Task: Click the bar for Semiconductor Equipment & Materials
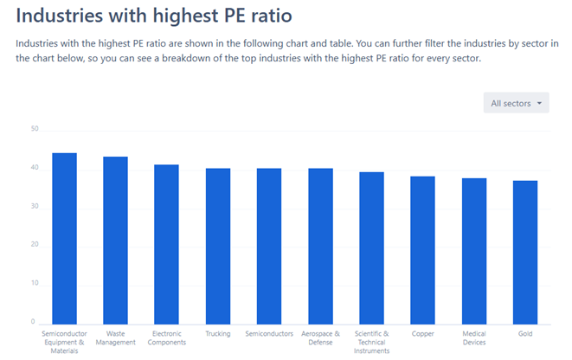[x=65, y=238]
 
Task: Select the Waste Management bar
[x=116, y=240]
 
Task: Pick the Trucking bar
[x=218, y=246]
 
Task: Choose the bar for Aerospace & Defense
[x=320, y=246]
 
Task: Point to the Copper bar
[x=422, y=249]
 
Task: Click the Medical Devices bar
[x=474, y=250]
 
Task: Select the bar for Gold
[x=525, y=252]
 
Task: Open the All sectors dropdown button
[x=517, y=104]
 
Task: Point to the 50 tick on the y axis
[x=35, y=130]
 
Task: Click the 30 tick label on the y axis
[x=35, y=207]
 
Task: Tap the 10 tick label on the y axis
[x=35, y=284]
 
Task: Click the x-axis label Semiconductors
[x=269, y=333]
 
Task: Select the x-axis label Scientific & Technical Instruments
[x=371, y=342]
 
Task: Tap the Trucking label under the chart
[x=218, y=333]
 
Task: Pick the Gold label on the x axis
[x=525, y=333]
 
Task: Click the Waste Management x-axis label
[x=116, y=337]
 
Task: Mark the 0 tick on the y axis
[x=33, y=322]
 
